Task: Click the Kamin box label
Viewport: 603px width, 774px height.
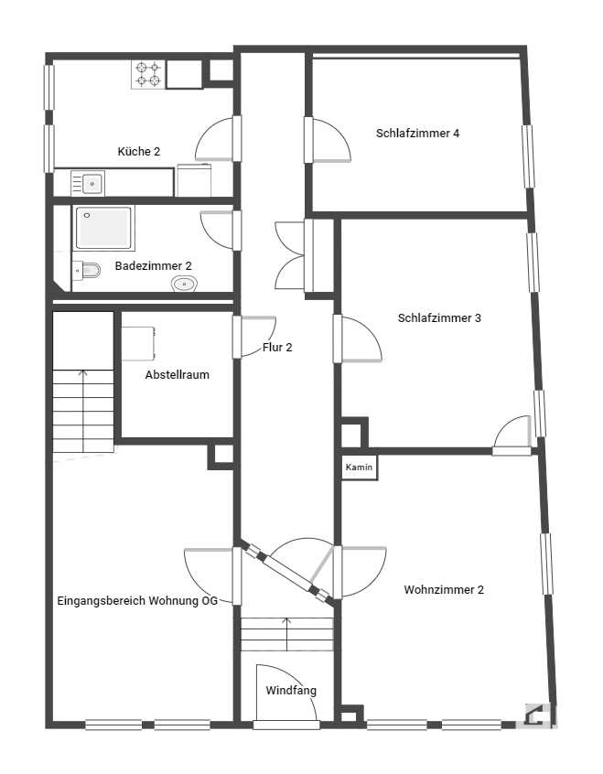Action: (x=359, y=467)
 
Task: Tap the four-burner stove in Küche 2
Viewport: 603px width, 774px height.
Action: (x=148, y=74)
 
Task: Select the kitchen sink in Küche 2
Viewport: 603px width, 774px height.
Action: (x=88, y=184)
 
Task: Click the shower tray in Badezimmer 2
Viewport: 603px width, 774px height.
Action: (x=103, y=228)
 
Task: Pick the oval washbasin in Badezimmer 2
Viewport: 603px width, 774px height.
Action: (x=184, y=284)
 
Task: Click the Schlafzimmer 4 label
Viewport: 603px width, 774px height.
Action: (x=418, y=134)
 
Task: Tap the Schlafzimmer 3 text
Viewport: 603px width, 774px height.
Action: (x=439, y=317)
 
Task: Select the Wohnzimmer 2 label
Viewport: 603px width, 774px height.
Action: (x=444, y=589)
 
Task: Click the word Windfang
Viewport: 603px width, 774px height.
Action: (x=291, y=691)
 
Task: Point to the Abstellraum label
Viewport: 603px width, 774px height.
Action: (x=178, y=375)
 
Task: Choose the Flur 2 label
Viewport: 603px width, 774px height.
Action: (x=277, y=348)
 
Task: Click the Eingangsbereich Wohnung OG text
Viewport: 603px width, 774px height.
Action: (x=137, y=601)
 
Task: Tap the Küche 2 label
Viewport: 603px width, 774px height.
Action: (x=139, y=152)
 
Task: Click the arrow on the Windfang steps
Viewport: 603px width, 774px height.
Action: (x=286, y=633)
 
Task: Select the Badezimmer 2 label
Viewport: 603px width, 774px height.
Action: (x=153, y=266)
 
